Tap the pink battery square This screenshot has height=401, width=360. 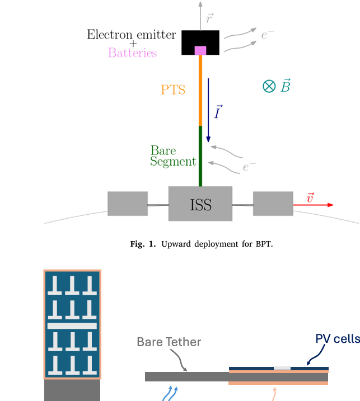200,51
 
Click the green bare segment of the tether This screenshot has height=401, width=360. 200,157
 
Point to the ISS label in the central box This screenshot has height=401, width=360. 200,205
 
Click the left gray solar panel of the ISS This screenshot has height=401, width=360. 128,204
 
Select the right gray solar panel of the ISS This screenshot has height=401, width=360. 273,204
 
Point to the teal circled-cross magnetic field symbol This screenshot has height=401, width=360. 269,86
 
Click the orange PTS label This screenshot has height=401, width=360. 172,89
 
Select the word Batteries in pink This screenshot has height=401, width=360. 133,53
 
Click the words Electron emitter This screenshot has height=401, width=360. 131,35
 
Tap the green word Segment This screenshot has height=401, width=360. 173,162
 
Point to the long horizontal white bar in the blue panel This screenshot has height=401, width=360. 72,325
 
